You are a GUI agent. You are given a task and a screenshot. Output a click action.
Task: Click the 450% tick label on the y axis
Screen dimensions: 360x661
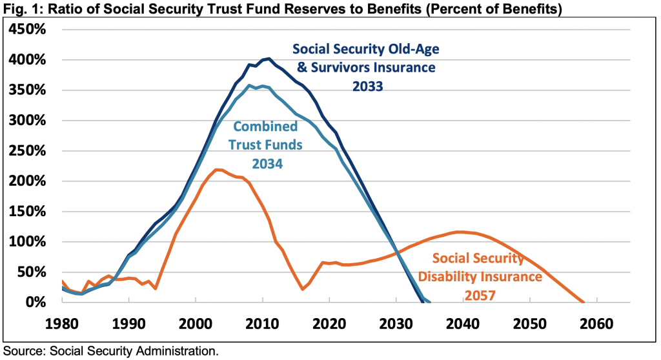pyautogui.click(x=28, y=30)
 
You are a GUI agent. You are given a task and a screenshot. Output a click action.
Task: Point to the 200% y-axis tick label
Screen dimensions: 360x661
pyautogui.click(x=28, y=181)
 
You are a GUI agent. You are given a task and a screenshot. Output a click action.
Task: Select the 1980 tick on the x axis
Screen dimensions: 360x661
pyautogui.click(x=62, y=323)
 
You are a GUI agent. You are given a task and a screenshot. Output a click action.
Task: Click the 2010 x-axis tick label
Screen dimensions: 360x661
pyautogui.click(x=263, y=323)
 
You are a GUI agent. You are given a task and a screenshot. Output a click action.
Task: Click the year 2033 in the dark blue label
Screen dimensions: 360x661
pyautogui.click(x=367, y=85)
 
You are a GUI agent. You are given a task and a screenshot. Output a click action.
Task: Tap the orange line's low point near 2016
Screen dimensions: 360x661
pyautogui.click(x=302, y=290)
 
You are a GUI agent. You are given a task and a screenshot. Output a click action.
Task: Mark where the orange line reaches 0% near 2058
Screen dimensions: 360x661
pyautogui.click(x=583, y=302)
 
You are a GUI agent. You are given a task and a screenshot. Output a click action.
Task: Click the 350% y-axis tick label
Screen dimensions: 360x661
pyautogui.click(x=28, y=90)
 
